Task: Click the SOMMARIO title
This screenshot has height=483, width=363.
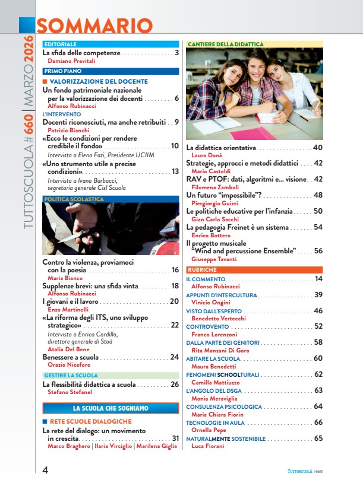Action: [94, 26]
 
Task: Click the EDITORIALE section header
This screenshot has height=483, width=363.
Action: [60, 45]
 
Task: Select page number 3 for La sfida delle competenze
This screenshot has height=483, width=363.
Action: [176, 53]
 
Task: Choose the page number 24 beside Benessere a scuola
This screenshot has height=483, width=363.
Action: [174, 357]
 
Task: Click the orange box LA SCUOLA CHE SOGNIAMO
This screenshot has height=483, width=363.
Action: [111, 408]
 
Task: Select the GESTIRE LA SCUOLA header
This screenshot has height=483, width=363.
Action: [71, 376]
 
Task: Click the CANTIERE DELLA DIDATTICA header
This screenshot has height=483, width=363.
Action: [225, 45]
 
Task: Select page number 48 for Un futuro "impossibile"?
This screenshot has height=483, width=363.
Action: [318, 195]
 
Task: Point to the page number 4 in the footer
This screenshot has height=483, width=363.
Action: [45, 470]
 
